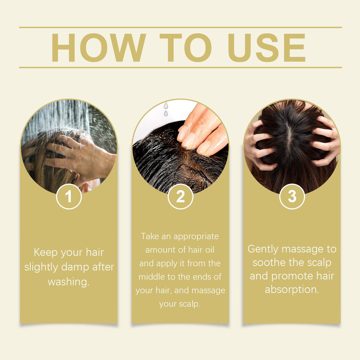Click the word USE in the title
click(266, 48)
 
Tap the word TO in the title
click(185, 48)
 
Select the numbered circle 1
click(69, 196)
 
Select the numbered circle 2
click(180, 196)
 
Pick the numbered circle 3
click(292, 196)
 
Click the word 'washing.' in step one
click(69, 282)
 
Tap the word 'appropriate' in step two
click(196, 236)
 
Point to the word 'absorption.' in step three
click(292, 289)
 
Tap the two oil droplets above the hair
click(166, 109)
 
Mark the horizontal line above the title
click(180, 27)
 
